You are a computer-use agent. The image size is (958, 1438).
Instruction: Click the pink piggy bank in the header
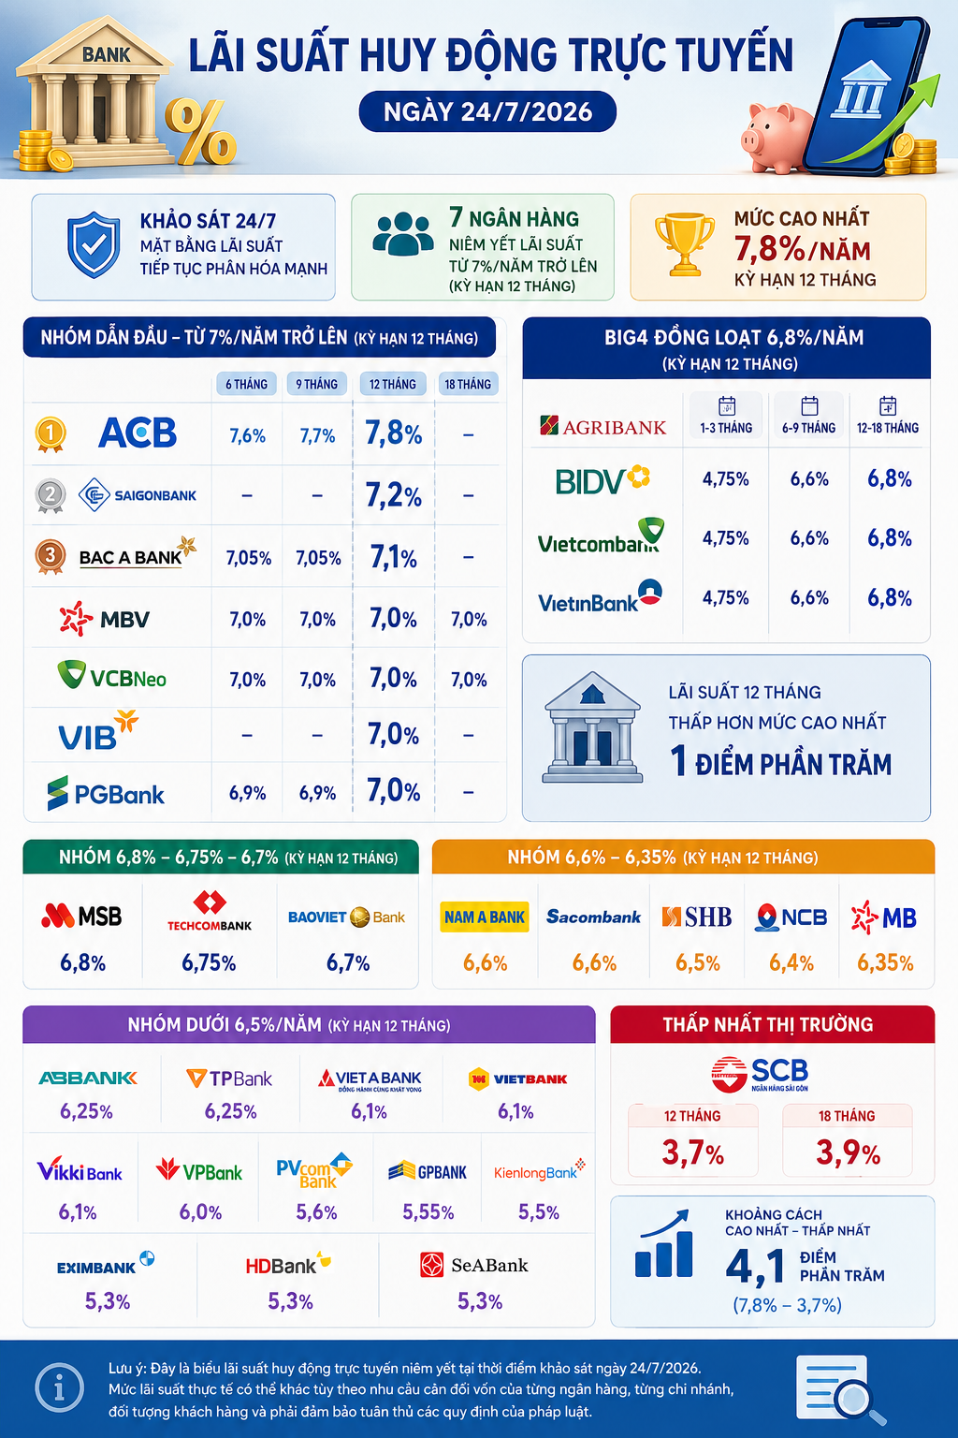[x=777, y=138]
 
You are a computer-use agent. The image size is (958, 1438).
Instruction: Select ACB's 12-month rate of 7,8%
[x=393, y=433]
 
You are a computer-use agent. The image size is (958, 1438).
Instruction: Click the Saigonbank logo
[x=138, y=495]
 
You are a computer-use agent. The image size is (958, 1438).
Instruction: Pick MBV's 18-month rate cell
[x=469, y=620]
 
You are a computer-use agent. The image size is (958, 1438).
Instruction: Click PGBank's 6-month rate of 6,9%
[x=247, y=793]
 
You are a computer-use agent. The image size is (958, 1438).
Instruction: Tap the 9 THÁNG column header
[x=316, y=384]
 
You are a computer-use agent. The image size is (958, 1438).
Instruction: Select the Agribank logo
[x=603, y=426]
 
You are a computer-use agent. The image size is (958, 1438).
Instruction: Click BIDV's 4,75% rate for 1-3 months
[x=725, y=479]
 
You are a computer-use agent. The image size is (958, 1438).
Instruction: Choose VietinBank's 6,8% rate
[x=890, y=597]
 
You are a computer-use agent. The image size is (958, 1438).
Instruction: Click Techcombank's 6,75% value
[x=209, y=963]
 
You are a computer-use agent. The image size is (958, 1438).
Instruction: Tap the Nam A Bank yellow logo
[x=485, y=917]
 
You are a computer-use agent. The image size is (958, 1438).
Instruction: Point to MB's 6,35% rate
[x=885, y=963]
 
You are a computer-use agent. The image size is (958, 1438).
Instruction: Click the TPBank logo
[x=229, y=1078]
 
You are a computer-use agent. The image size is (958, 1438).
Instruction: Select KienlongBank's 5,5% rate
[x=539, y=1212]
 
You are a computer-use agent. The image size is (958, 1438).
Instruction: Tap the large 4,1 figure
[x=755, y=1266]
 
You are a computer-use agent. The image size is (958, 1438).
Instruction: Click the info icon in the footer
[x=60, y=1388]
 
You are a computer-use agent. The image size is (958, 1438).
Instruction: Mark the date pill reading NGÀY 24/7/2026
[x=487, y=111]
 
